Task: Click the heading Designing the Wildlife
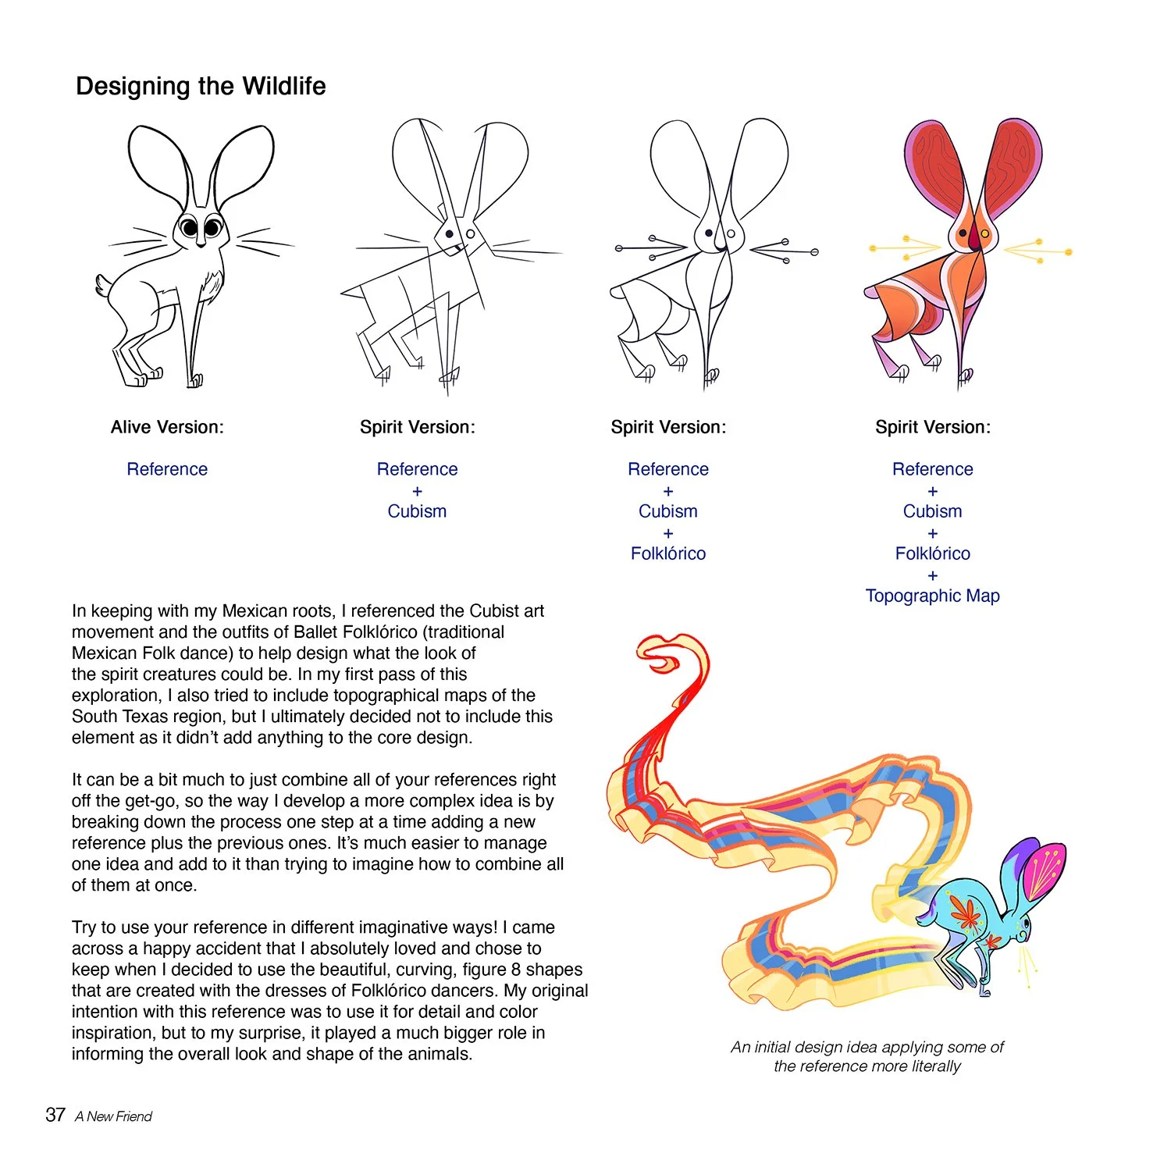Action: (201, 86)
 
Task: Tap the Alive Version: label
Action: (167, 427)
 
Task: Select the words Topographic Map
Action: (932, 596)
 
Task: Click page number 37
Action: (55, 1115)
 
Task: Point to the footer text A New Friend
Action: (114, 1116)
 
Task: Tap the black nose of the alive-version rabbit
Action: (201, 244)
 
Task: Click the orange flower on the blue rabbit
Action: (966, 912)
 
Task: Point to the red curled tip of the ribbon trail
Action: (664, 656)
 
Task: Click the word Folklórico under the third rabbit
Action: (668, 553)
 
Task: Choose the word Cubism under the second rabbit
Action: (417, 511)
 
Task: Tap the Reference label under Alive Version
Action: (167, 469)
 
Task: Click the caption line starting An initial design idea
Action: (867, 1047)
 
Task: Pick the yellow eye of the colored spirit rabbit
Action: (985, 233)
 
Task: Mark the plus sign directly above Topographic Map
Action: (932, 575)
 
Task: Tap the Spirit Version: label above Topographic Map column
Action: (932, 427)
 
